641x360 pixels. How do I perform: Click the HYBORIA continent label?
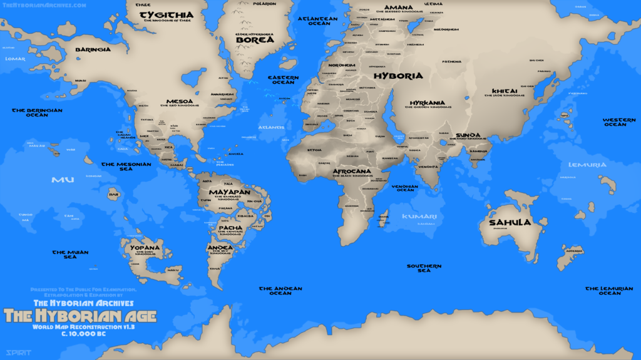click(398, 76)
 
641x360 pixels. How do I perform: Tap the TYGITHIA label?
click(166, 14)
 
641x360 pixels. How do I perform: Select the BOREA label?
click(255, 40)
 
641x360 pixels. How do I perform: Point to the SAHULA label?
click(510, 222)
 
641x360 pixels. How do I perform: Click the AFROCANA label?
click(351, 171)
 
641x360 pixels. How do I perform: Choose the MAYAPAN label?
click(230, 192)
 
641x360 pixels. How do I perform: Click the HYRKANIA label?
click(428, 103)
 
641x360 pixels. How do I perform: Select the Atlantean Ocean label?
click(317, 21)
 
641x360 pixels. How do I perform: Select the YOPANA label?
click(145, 247)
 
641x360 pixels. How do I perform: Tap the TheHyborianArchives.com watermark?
click(44, 5)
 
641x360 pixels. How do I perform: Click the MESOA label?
click(180, 101)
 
